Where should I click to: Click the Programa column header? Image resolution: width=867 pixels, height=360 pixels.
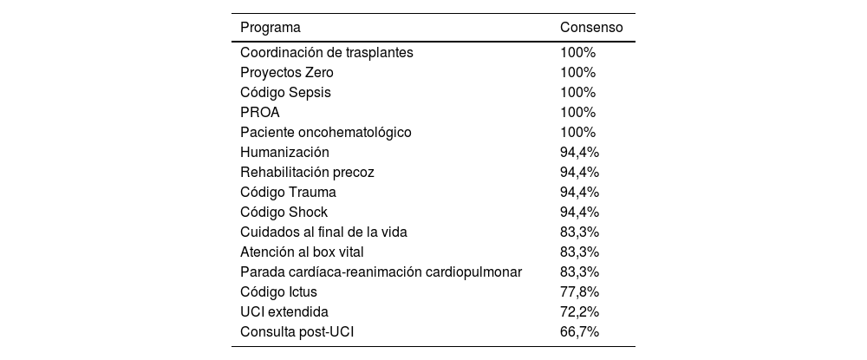tap(271, 27)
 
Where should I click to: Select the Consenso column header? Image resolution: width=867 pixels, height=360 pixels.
tap(591, 27)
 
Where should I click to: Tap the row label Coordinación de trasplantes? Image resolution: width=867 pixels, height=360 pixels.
tap(326, 52)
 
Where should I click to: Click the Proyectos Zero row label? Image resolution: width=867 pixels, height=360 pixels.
tap(286, 72)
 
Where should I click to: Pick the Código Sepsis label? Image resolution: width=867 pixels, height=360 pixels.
tap(285, 92)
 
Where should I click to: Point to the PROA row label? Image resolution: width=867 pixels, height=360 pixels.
tap(260, 112)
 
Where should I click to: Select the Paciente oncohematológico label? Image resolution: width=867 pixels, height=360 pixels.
tap(325, 132)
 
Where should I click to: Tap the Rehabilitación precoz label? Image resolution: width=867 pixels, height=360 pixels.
tap(307, 172)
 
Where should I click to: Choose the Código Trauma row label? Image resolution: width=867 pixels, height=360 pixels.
tap(288, 192)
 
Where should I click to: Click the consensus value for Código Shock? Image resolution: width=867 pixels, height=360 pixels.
tap(579, 212)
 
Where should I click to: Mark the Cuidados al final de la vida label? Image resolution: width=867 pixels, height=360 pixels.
tap(323, 232)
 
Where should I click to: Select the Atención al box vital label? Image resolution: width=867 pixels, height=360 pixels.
tap(302, 252)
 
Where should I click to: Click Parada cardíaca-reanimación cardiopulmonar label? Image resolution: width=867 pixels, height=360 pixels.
tap(381, 272)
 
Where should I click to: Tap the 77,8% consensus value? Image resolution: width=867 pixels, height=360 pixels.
tap(579, 291)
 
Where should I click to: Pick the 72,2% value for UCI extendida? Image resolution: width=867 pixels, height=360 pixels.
tap(579, 311)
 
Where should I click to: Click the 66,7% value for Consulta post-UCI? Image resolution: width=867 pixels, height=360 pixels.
tap(579, 331)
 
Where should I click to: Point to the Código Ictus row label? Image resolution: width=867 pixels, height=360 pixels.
tap(278, 291)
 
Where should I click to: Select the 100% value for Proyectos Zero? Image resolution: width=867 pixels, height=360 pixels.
tap(577, 72)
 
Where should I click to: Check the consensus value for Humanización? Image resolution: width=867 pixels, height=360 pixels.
tap(579, 152)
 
